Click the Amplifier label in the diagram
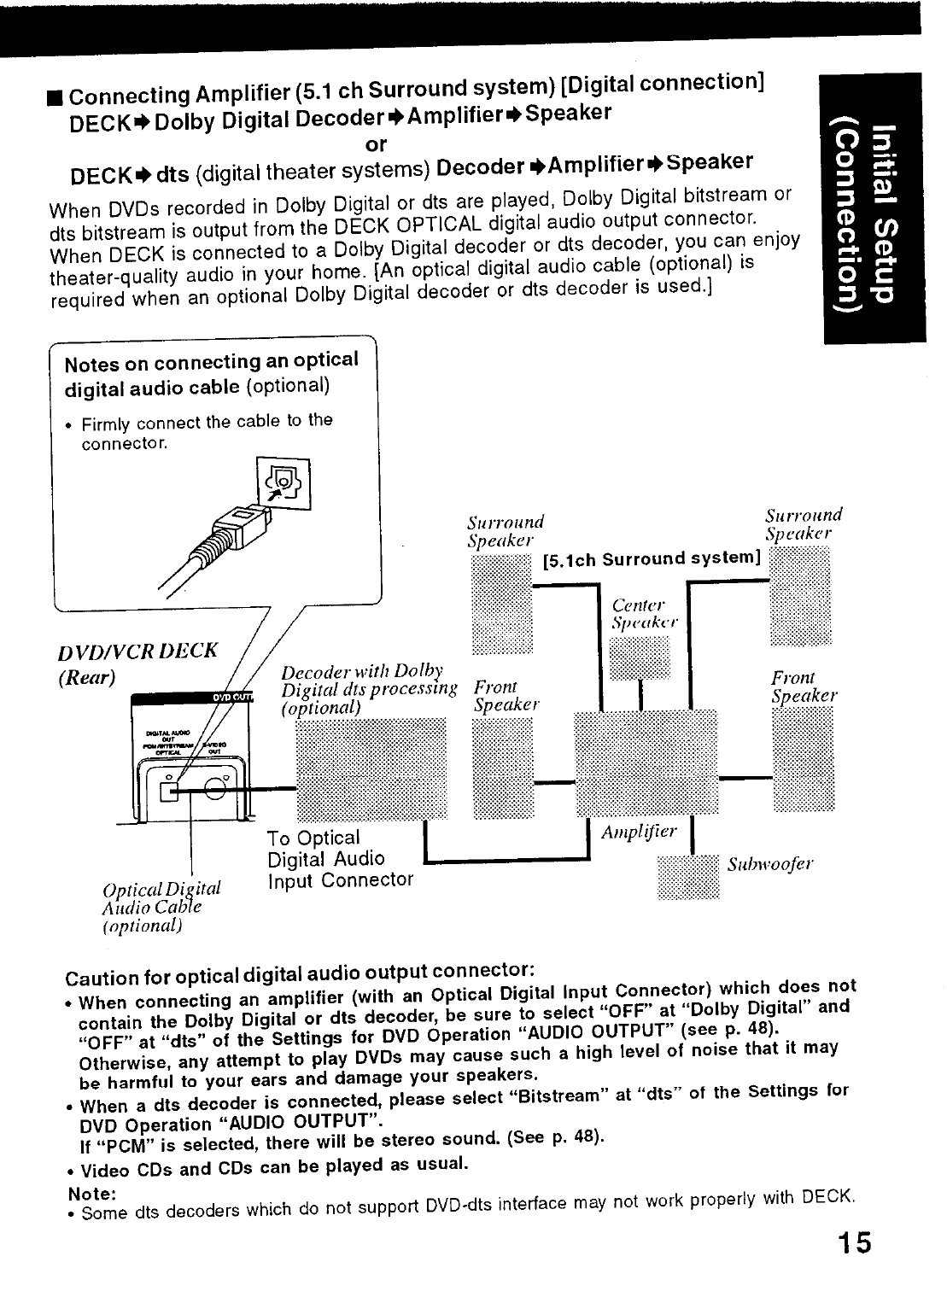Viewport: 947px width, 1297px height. click(639, 832)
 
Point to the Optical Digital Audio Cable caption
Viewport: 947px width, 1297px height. click(161, 906)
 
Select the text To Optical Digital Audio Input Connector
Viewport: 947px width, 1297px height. click(339, 859)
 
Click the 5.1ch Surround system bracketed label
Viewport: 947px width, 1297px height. click(652, 559)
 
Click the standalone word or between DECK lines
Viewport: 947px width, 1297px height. click(376, 144)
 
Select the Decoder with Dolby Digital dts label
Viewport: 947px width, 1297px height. click(369, 688)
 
